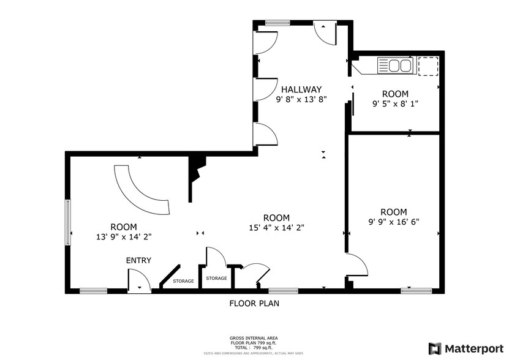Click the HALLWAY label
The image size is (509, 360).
click(x=301, y=89)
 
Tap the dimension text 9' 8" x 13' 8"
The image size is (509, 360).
click(x=301, y=99)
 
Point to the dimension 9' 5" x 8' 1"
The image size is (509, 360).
click(x=394, y=104)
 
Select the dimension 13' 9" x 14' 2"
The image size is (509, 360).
click(x=123, y=236)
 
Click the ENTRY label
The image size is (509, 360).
click(x=138, y=260)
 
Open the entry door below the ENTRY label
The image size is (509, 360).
click(x=139, y=282)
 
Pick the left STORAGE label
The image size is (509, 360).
click(x=183, y=282)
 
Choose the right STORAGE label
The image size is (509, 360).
click(x=216, y=279)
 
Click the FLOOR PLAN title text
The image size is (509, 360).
click(x=254, y=303)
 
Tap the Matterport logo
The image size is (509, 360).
click(x=466, y=348)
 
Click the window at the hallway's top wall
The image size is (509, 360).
click(x=277, y=23)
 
